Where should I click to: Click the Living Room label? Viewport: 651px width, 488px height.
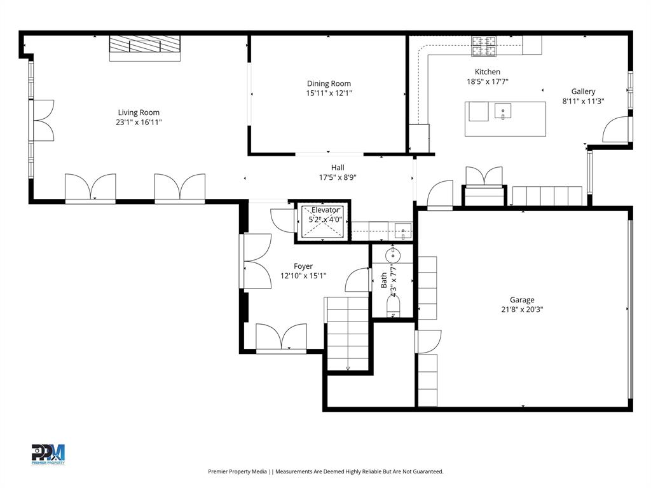click(x=138, y=112)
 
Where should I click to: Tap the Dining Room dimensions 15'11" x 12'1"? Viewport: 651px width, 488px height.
click(x=329, y=93)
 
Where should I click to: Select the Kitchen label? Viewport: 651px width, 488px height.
click(x=488, y=72)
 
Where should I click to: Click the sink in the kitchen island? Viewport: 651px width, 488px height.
click(x=503, y=112)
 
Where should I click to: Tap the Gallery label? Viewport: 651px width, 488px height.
click(x=583, y=91)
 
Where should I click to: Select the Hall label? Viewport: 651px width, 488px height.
click(x=338, y=168)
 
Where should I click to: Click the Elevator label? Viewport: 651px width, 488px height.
click(x=325, y=210)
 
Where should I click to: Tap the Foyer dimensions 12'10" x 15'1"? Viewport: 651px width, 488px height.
click(x=303, y=276)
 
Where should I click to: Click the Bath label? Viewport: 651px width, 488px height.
click(x=384, y=280)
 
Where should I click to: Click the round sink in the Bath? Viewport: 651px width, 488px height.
click(x=394, y=256)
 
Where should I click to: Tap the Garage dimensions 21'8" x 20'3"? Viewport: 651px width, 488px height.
click(x=522, y=310)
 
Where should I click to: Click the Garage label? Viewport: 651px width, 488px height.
click(x=522, y=300)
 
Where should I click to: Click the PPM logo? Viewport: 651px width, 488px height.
click(x=48, y=454)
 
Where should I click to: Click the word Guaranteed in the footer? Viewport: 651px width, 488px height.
click(x=425, y=471)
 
